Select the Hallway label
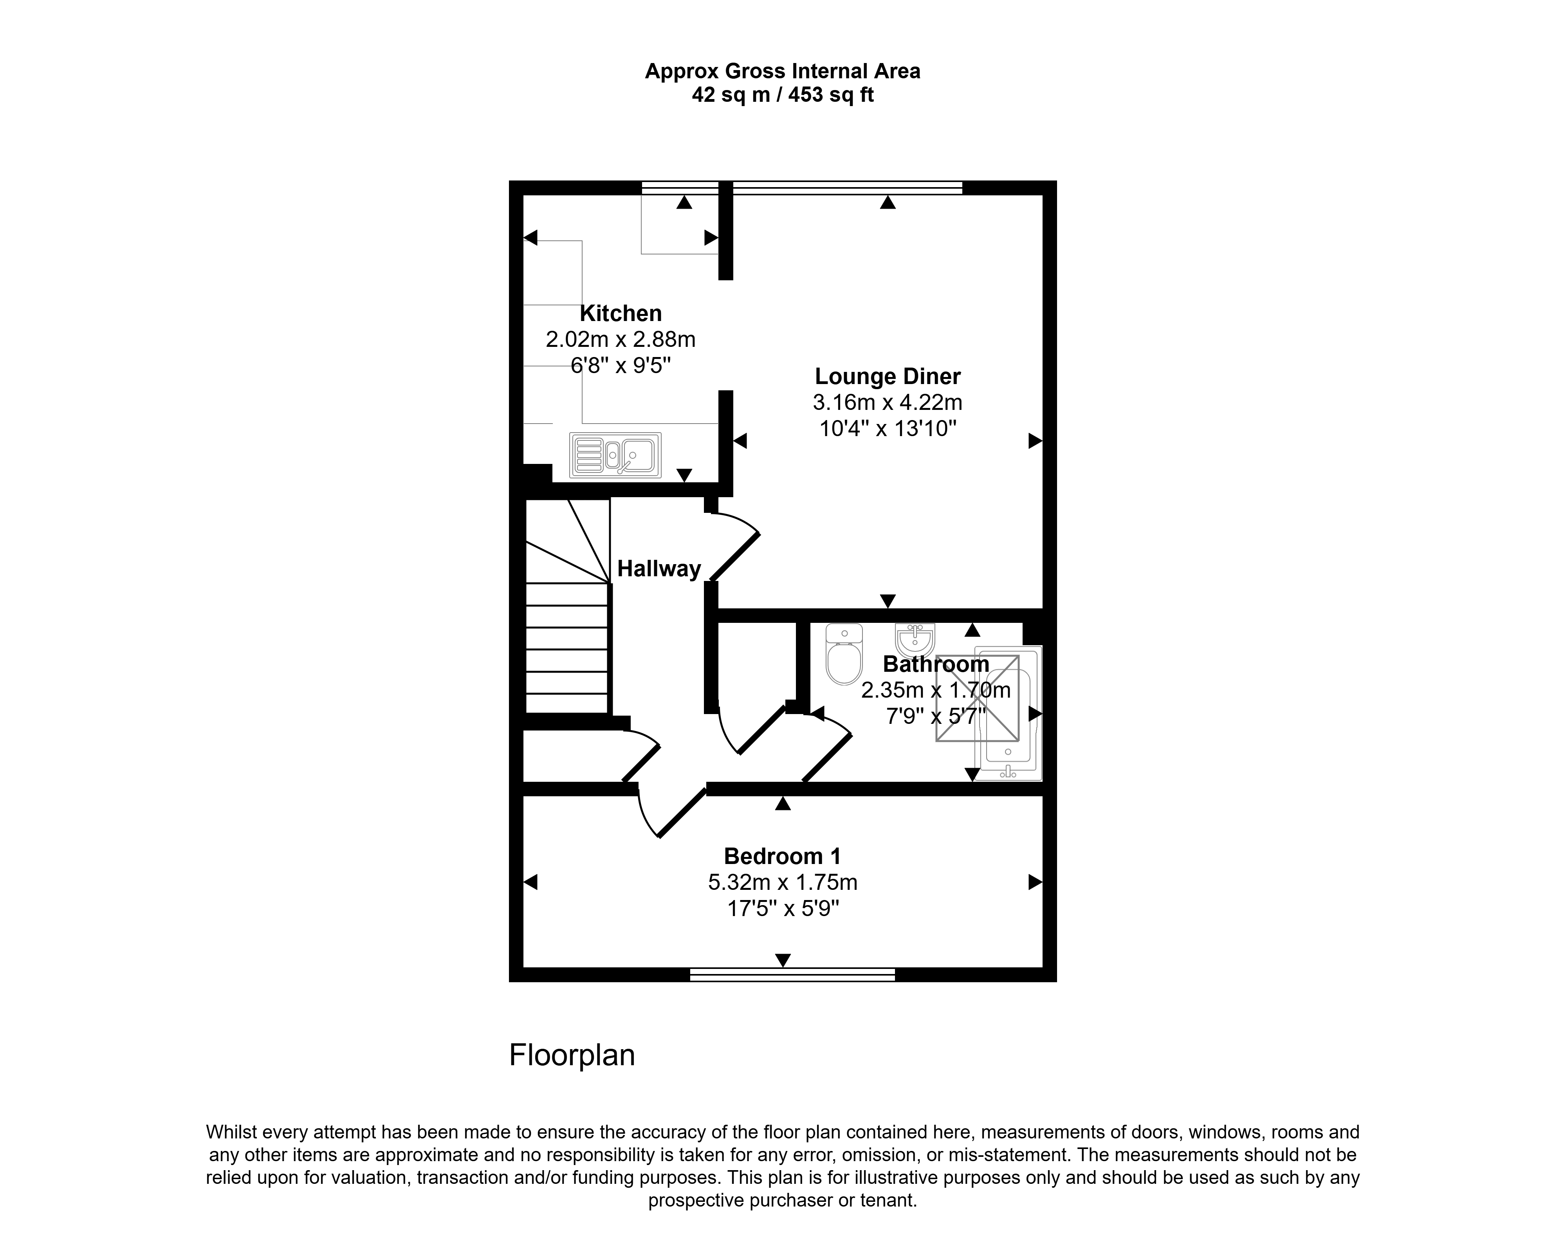(659, 568)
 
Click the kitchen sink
(615, 455)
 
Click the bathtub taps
(1008, 772)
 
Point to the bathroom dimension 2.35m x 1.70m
(936, 690)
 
